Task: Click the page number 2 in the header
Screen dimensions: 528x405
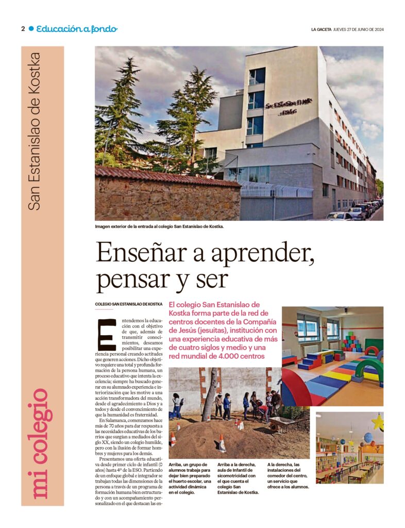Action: point(23,29)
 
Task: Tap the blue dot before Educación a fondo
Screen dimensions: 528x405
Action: point(31,29)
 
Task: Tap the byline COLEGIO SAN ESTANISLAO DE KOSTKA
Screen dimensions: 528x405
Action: point(129,305)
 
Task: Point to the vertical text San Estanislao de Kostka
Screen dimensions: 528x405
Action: point(35,131)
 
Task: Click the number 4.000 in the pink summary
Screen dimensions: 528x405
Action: point(228,356)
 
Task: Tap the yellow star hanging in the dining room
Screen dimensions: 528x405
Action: point(377,422)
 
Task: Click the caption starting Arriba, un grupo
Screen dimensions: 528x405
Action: point(189,479)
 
